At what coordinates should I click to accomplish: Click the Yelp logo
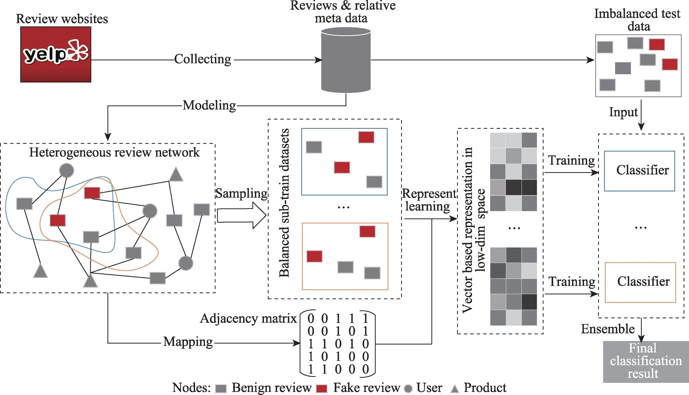56,54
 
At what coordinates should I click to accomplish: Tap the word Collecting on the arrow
203,59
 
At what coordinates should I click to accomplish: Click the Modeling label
209,105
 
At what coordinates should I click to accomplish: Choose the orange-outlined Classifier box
640,282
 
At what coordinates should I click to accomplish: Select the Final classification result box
646,361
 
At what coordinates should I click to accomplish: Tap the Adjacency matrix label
248,318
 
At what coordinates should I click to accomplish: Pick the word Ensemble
608,329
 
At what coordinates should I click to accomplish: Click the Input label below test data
623,112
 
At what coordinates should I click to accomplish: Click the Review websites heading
62,19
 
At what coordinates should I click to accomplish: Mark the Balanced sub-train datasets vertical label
284,203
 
